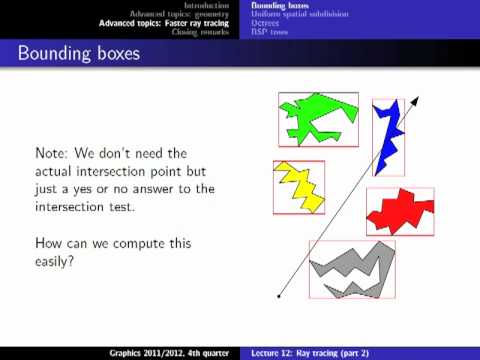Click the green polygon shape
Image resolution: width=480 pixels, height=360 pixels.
pos(318,118)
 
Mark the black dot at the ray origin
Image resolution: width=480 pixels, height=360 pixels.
pos(279,296)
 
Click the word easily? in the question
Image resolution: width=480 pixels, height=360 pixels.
pos(60,262)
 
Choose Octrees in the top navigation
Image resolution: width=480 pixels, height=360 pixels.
pos(266,22)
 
